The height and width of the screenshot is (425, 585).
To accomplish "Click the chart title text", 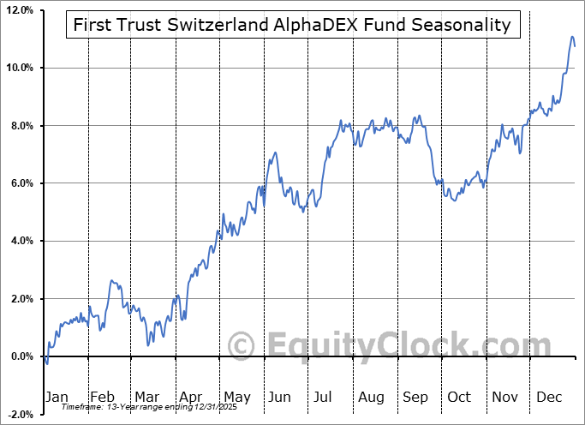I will point(292,25).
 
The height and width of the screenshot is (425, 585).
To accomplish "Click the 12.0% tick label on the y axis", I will point(20,10).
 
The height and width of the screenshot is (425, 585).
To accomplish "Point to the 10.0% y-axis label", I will point(20,68).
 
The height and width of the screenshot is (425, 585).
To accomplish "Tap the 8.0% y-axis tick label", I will point(22,126).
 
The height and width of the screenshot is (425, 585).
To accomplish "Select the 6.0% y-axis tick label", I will point(22,183).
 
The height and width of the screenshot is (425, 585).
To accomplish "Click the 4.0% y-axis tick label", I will point(22,241).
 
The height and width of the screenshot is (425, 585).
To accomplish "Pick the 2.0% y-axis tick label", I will point(22,299).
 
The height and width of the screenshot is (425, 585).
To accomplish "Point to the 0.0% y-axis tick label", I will point(22,356).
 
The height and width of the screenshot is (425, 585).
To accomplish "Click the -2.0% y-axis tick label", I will point(21,414).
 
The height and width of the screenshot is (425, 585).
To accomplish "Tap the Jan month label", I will point(56,397).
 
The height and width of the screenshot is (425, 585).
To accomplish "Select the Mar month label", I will point(146,397).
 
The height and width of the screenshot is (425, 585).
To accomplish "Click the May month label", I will point(236,397).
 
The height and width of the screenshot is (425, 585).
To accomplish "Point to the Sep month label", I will point(415,397).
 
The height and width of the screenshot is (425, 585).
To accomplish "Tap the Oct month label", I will point(459,397).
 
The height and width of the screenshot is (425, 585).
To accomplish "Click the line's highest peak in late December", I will point(572,37).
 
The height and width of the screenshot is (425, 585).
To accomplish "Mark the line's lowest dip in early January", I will point(47,363).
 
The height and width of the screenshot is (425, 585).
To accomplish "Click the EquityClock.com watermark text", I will point(377,347).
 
